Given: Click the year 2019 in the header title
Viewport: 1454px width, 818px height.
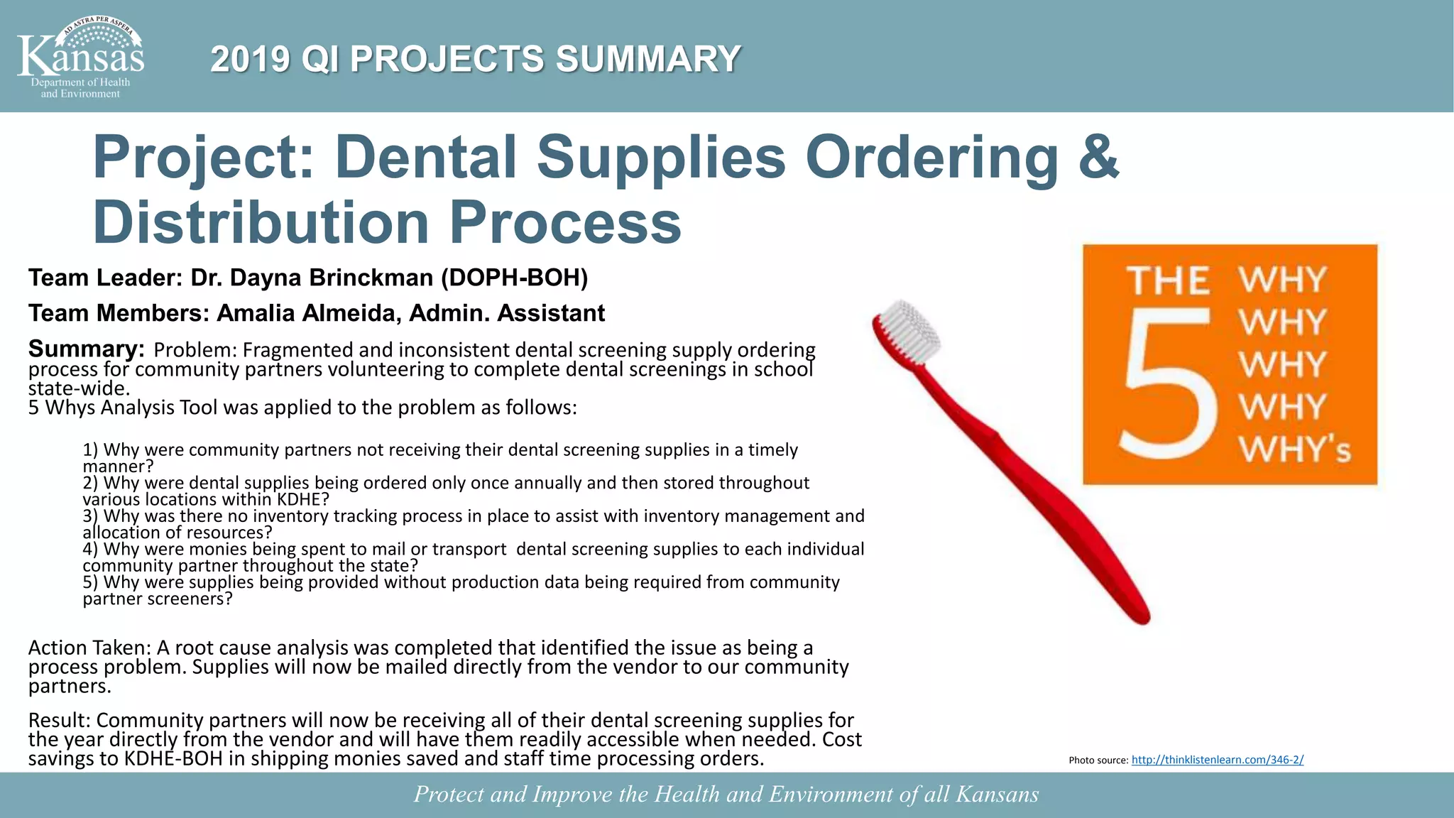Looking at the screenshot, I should (250, 59).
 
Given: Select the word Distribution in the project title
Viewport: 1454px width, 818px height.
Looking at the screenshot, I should (261, 222).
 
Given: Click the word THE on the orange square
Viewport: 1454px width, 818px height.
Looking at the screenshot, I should (1168, 280).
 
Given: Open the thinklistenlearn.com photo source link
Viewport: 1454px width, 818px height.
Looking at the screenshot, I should (1217, 760).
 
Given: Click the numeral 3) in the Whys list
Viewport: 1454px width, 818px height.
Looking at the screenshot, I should (91, 516).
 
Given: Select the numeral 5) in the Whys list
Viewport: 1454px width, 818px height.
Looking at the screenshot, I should (91, 582).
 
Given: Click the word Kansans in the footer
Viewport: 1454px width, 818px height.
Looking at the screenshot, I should (997, 794).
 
